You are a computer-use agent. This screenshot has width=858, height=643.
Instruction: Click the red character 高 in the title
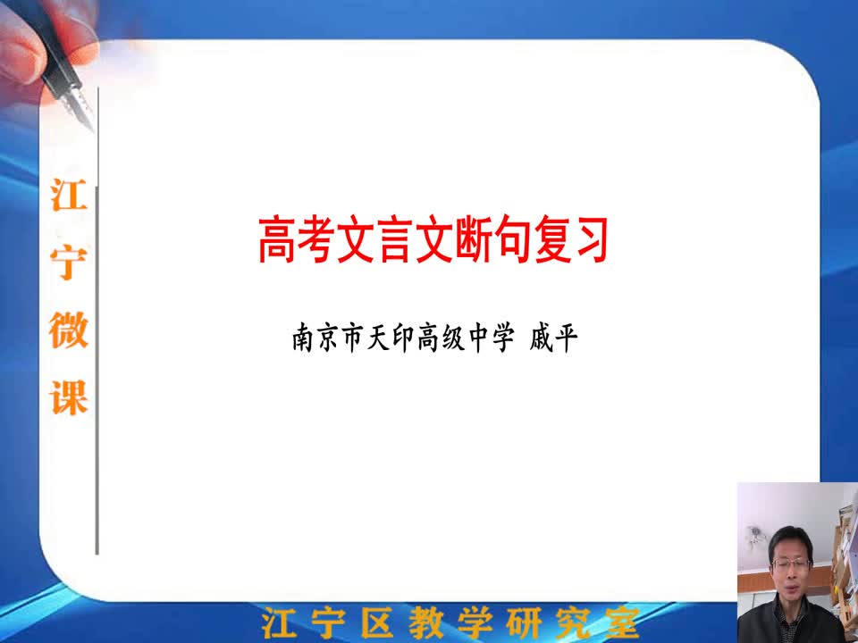(277, 240)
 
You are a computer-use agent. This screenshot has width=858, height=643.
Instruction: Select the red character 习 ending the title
(589, 240)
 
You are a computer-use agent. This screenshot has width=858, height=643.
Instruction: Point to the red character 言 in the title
(395, 240)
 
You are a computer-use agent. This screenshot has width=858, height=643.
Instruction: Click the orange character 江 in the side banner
(69, 196)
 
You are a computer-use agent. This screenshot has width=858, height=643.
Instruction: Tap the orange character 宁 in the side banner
(69, 263)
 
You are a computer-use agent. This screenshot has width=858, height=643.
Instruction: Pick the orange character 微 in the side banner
(69, 330)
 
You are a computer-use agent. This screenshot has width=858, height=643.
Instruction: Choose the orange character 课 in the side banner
(69, 397)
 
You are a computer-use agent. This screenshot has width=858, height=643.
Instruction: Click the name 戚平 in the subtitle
(553, 338)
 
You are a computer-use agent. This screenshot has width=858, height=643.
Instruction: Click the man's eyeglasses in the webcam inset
(790, 564)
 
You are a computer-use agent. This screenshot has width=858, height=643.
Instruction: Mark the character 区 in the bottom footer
(376, 623)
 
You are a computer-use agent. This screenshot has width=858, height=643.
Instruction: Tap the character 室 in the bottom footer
(622, 623)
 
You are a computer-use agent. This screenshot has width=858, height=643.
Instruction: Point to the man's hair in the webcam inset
(790, 539)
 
